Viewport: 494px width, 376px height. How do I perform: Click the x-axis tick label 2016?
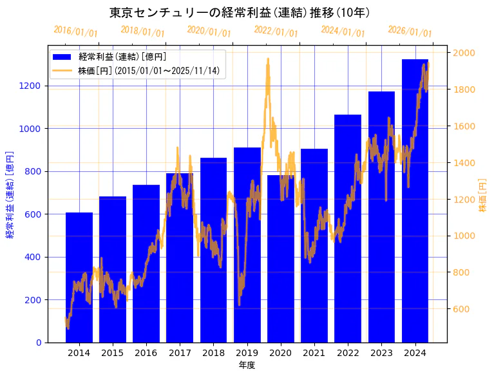click(x=146, y=353)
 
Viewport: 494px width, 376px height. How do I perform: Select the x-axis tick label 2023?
click(x=381, y=353)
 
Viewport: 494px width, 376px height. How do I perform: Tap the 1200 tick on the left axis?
click(x=31, y=86)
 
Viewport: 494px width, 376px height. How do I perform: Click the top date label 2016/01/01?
click(x=75, y=32)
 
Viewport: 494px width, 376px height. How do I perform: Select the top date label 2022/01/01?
click(x=276, y=32)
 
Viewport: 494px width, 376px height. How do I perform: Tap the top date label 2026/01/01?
click(x=410, y=32)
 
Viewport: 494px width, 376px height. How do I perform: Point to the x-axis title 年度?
click(x=247, y=365)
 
